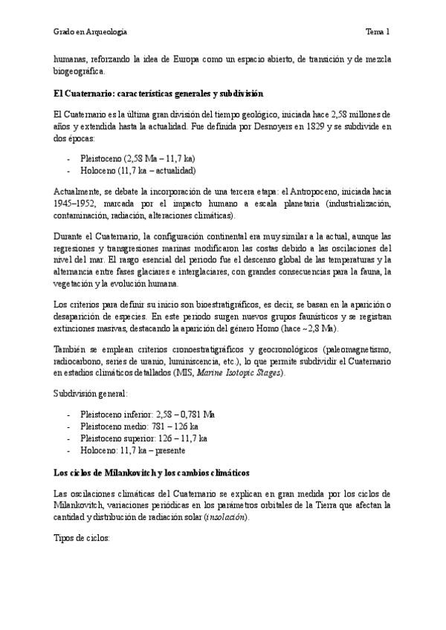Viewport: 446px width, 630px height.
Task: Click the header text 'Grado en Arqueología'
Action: tap(90, 32)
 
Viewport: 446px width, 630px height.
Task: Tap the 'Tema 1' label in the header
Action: tap(378, 32)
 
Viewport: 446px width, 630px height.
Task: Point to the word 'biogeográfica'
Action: tap(80, 72)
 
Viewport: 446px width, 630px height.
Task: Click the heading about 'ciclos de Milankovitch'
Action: tap(151, 472)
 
